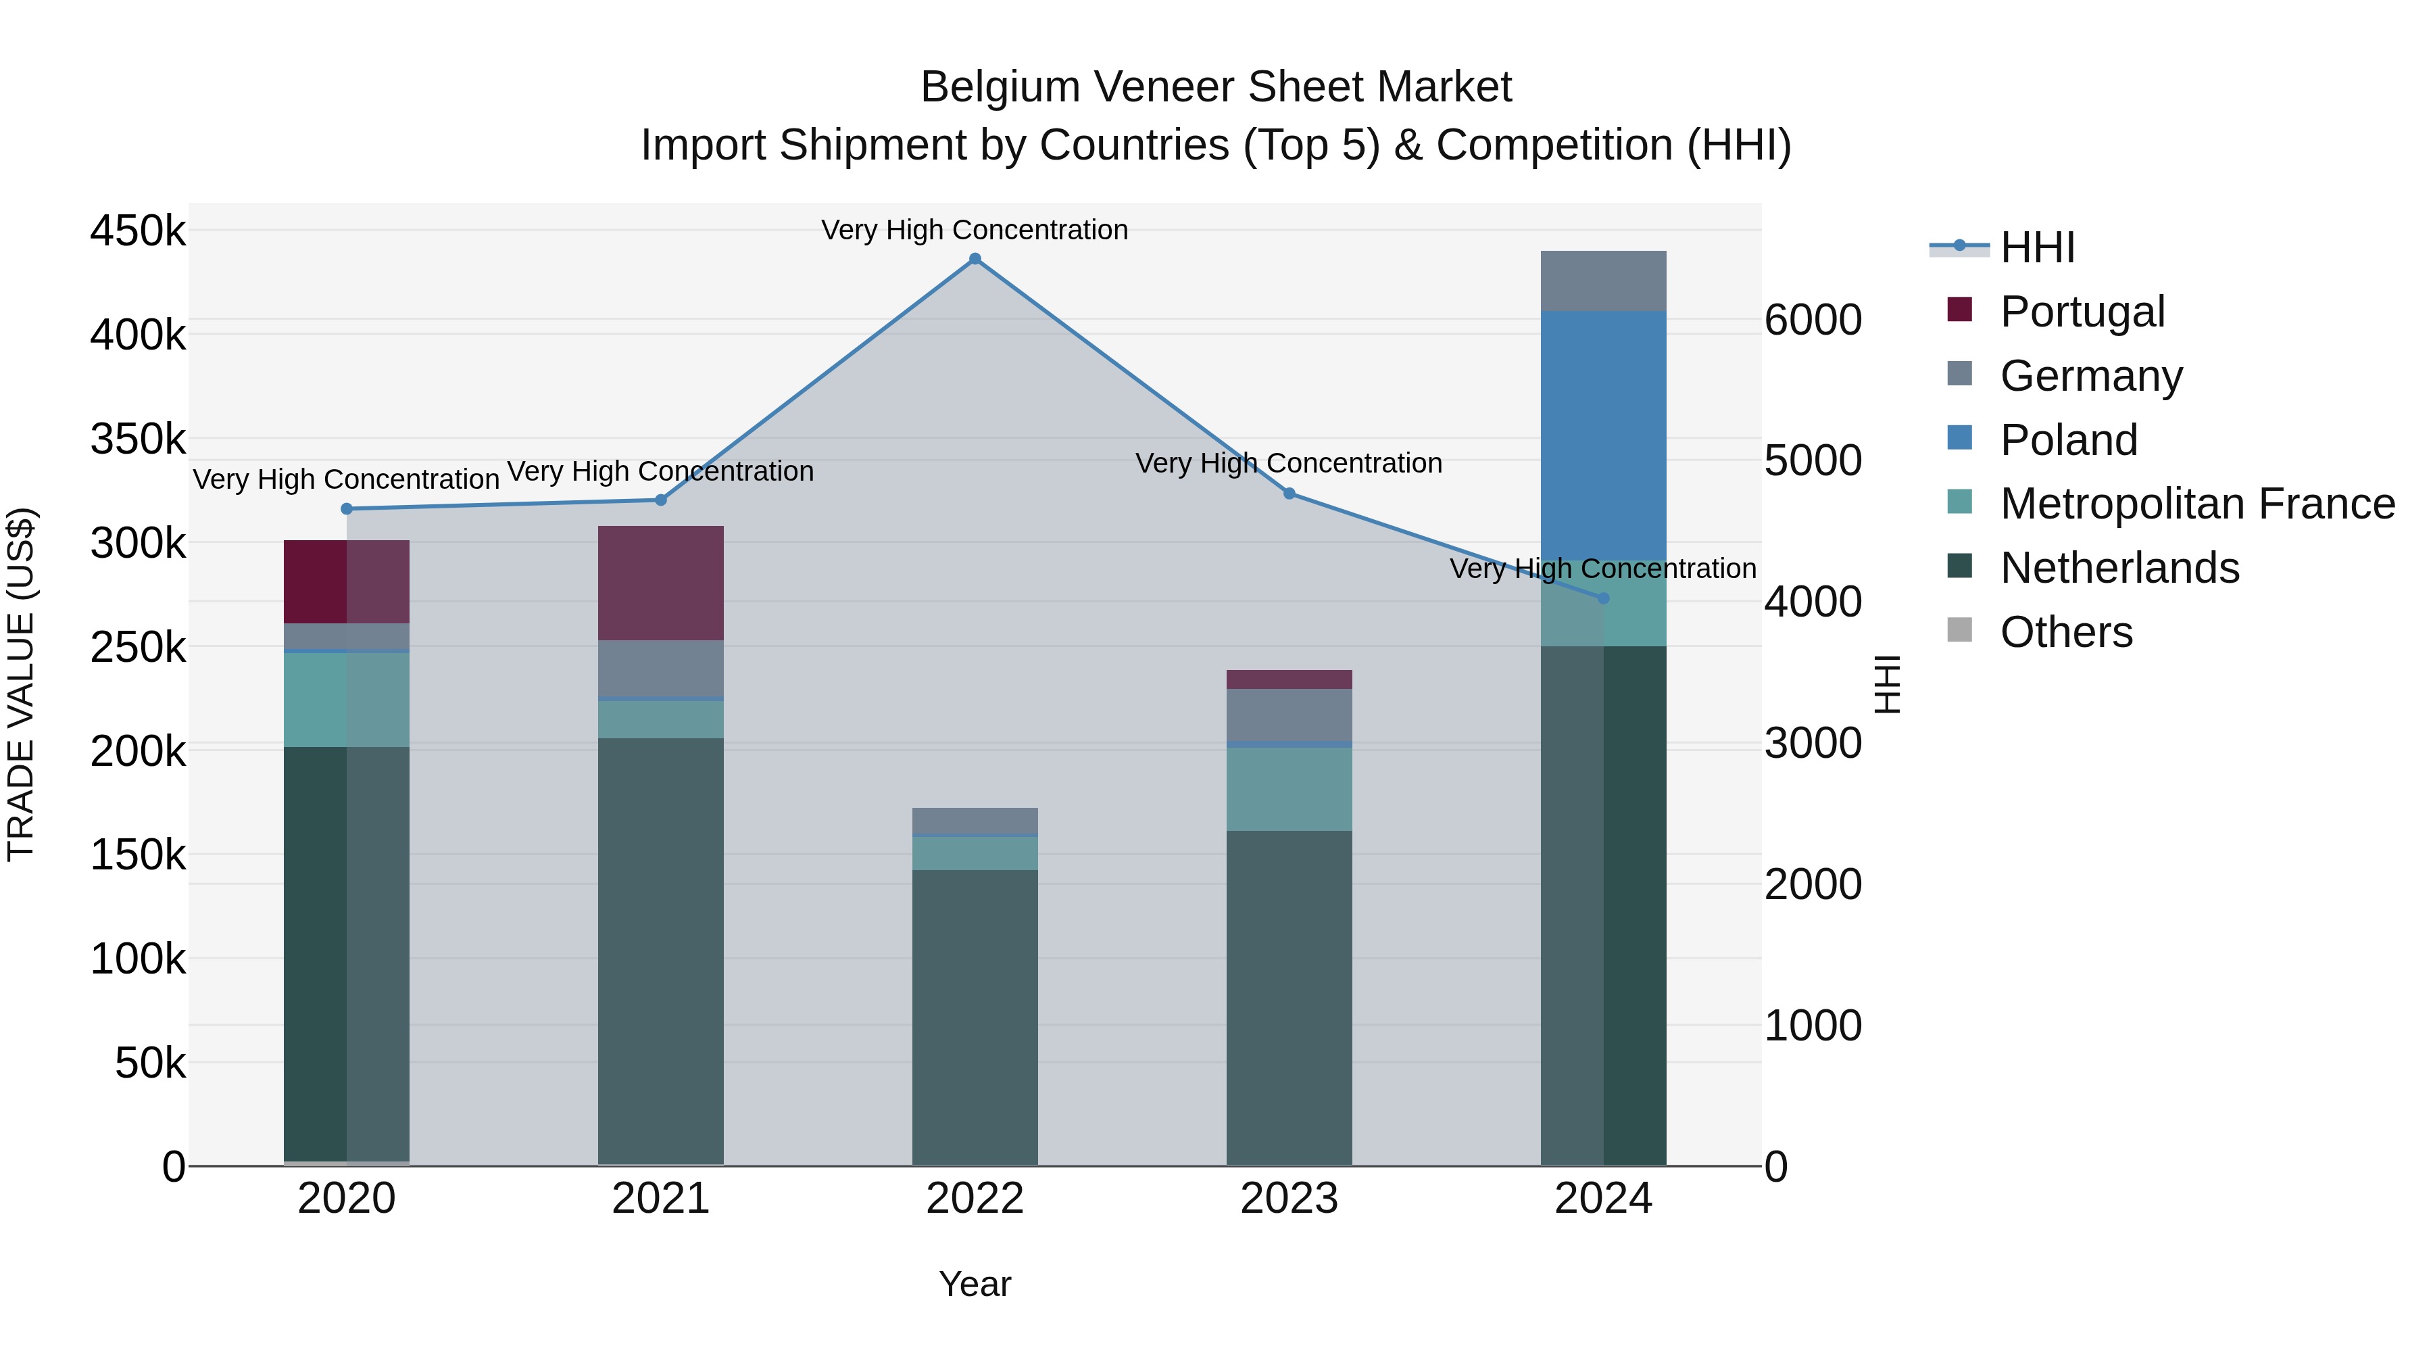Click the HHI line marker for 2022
tap(975, 259)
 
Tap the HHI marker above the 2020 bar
tap(347, 509)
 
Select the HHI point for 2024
tap(1603, 598)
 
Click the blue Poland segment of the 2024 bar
tap(1603, 435)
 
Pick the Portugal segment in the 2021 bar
tap(660, 582)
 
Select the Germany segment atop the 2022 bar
tap(975, 821)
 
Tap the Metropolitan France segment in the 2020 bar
tap(347, 699)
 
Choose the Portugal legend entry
tap(2082, 312)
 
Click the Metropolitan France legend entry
tap(2197, 504)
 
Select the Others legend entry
tap(2065, 632)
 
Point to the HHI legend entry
tap(2036, 247)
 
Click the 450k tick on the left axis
tap(138, 231)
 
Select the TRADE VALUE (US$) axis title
tap(22, 684)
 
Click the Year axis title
tap(975, 1284)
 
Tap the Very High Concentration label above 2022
tap(975, 230)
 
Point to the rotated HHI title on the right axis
tap(1886, 684)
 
